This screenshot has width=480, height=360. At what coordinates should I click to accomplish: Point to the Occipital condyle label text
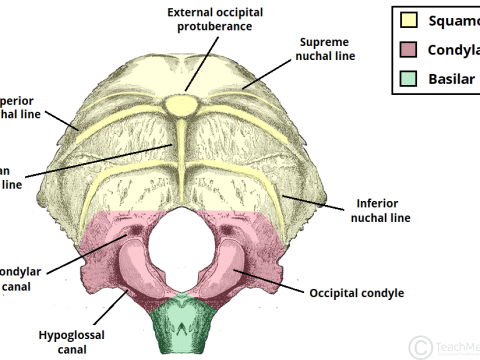click(355, 293)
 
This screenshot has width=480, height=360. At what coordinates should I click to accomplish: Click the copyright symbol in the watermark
click(421, 346)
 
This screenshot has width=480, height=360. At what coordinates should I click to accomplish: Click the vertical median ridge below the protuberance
click(181, 150)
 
